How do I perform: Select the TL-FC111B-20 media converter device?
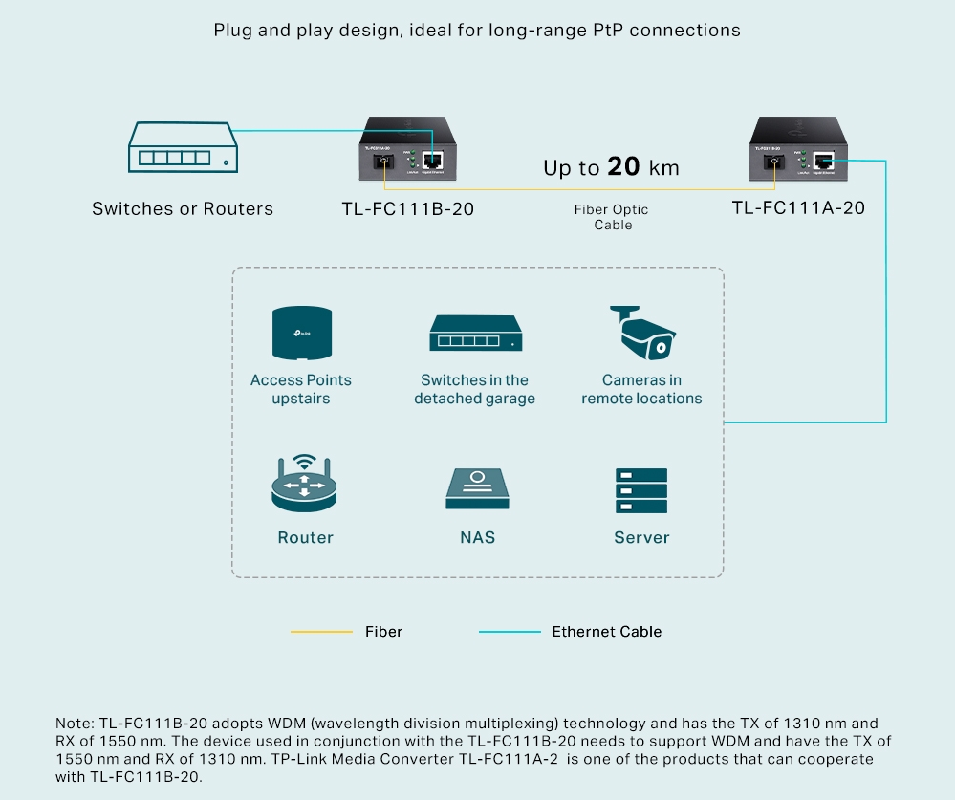408,150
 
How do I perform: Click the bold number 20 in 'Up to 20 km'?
623,167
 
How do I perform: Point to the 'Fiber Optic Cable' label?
612,217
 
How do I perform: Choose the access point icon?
301,335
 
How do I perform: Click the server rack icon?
641,490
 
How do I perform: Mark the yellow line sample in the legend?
321,632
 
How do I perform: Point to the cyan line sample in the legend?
510,632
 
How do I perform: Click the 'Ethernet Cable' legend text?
606,632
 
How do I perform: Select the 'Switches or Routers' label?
183,208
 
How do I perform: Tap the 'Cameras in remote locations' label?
641,389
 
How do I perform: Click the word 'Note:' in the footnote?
76,724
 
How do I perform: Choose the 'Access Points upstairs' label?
301,389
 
